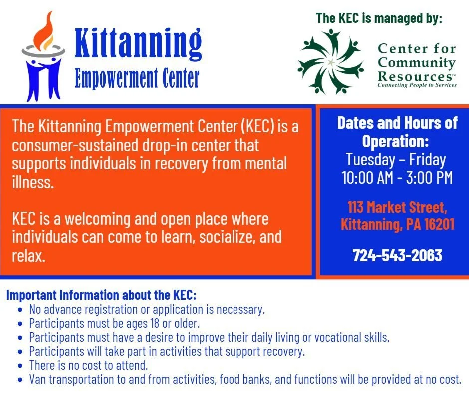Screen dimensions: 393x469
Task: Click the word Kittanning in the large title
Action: pos(138,45)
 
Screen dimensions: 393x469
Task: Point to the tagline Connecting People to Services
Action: pos(417,85)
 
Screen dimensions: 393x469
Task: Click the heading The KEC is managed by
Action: pos(379,19)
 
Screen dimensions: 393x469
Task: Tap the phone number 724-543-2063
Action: pos(397,255)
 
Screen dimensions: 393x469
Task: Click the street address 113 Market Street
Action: pos(397,206)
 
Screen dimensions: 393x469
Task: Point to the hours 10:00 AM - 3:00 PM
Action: pos(397,178)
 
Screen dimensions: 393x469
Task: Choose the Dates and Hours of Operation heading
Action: pos(397,132)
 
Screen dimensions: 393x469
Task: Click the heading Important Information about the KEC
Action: pos(101,295)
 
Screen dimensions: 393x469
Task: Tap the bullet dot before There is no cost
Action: pos(19,366)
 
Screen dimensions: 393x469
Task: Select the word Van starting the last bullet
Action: pos(38,379)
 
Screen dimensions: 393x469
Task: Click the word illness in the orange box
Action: pos(32,182)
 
